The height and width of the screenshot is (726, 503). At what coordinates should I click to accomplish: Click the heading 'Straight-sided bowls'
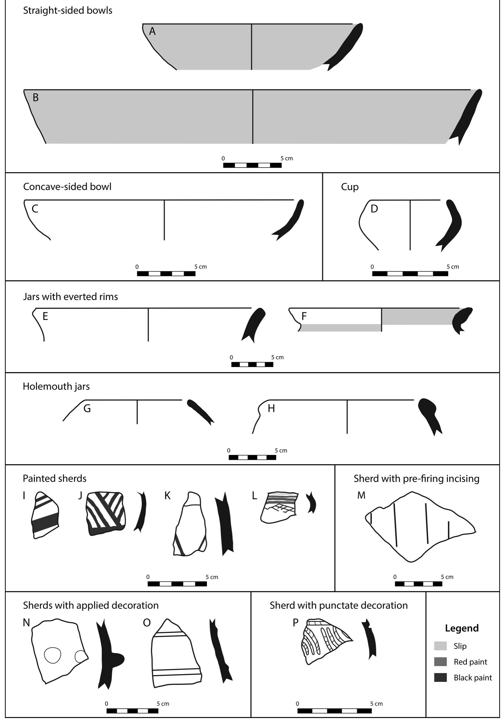coord(67,10)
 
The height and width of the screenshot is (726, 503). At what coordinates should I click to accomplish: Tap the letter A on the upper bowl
coord(152,31)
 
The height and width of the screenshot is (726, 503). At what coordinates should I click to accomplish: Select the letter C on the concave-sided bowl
coord(35,209)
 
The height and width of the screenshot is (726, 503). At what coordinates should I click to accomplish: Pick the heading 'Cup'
coord(350,187)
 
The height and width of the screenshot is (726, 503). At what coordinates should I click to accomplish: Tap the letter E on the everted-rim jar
coord(45,316)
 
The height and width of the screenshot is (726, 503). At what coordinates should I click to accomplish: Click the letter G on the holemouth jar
coord(87,408)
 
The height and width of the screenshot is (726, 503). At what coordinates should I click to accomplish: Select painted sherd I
coord(45,515)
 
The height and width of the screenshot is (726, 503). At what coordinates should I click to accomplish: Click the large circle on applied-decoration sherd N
coord(52,655)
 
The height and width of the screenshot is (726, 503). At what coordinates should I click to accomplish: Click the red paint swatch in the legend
coord(440,662)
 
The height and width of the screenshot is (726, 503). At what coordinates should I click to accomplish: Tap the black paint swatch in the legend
coord(440,677)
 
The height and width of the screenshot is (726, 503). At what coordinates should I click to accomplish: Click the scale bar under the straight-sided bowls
coord(252,165)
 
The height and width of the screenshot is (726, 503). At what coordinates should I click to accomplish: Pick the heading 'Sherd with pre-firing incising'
coord(416,479)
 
